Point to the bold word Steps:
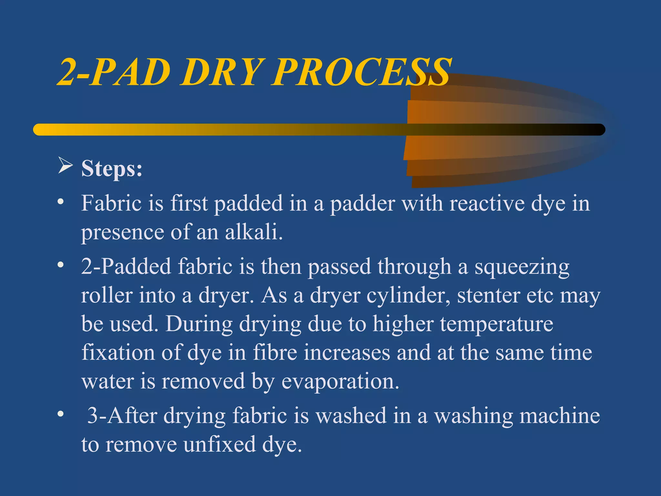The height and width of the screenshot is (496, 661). pos(112,168)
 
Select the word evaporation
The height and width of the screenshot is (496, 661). pos(340,381)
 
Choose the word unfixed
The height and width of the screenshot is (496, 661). pos(219,444)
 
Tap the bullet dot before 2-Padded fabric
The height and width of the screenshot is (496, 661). pos(60,265)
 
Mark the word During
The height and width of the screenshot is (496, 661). pos(199,324)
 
